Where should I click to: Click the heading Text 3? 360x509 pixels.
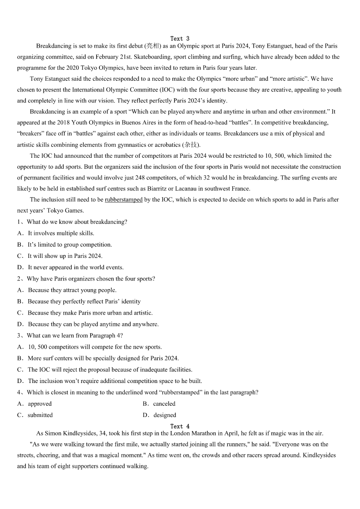click(180, 39)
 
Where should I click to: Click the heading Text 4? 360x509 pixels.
click(180, 426)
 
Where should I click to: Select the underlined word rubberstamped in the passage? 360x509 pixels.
click(123, 199)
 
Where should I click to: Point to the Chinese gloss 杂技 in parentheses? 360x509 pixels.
click(190, 145)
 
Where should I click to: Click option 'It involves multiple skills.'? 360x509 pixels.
click(61, 233)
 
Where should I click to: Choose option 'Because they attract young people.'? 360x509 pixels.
click(72, 290)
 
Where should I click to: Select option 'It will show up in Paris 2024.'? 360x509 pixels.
click(65, 256)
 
